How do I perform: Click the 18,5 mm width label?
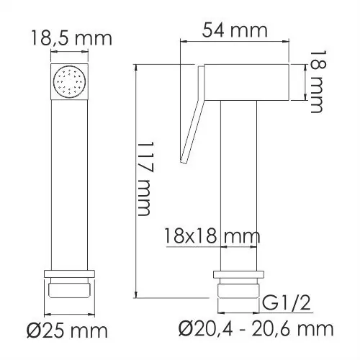coord(70,38)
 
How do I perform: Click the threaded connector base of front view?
coord(70,288)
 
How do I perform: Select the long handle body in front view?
coord(70,180)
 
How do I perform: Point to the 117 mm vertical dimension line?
coord(135,180)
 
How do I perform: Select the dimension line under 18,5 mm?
coord(70,53)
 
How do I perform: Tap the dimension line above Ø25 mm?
coord(70,315)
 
